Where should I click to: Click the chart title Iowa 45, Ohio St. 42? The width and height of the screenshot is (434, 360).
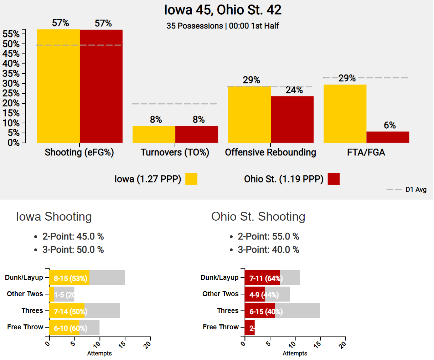coord(223,10)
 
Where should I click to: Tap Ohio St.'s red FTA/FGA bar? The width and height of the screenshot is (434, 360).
coord(388,137)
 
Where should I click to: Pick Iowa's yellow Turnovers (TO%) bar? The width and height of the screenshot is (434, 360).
coord(154,134)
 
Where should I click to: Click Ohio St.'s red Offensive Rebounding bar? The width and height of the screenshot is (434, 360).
coord(292,119)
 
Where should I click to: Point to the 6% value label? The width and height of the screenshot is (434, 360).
coord(389,125)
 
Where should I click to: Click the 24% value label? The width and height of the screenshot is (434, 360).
coord(294,90)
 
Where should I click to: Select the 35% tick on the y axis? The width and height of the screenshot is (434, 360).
coord(11,74)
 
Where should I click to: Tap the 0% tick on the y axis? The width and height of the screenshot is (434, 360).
coord(13,143)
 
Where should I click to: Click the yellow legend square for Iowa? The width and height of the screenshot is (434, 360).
coord(191,179)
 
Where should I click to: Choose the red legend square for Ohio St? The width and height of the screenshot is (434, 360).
coord(334,179)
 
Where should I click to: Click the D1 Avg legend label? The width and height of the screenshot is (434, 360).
coord(416,190)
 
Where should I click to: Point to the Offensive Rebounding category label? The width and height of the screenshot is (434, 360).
coord(270,153)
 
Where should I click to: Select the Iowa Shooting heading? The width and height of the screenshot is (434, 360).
coord(54,216)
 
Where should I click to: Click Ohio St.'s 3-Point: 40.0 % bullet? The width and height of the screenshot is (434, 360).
coord(268,250)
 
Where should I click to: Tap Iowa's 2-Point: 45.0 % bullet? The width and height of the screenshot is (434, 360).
coord(73,236)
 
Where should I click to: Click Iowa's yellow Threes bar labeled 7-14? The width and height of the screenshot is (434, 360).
coord(67,311)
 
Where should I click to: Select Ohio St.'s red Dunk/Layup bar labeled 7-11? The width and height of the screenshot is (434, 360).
coord(262,278)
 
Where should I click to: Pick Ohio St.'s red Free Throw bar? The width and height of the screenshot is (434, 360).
coord(250,328)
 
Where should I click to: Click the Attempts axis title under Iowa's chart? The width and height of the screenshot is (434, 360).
coord(99,353)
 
